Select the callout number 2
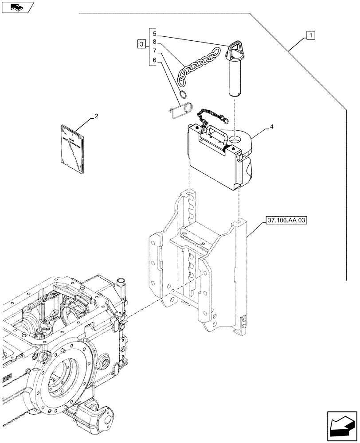(x=95, y=117)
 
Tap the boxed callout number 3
(x=141, y=44)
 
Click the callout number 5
(x=154, y=34)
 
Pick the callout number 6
(x=154, y=60)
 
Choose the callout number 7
(x=154, y=51)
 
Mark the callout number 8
(x=154, y=43)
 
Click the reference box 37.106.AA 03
(x=287, y=220)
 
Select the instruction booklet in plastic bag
(x=72, y=148)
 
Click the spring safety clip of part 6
(x=181, y=109)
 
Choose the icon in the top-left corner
(x=17, y=7)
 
